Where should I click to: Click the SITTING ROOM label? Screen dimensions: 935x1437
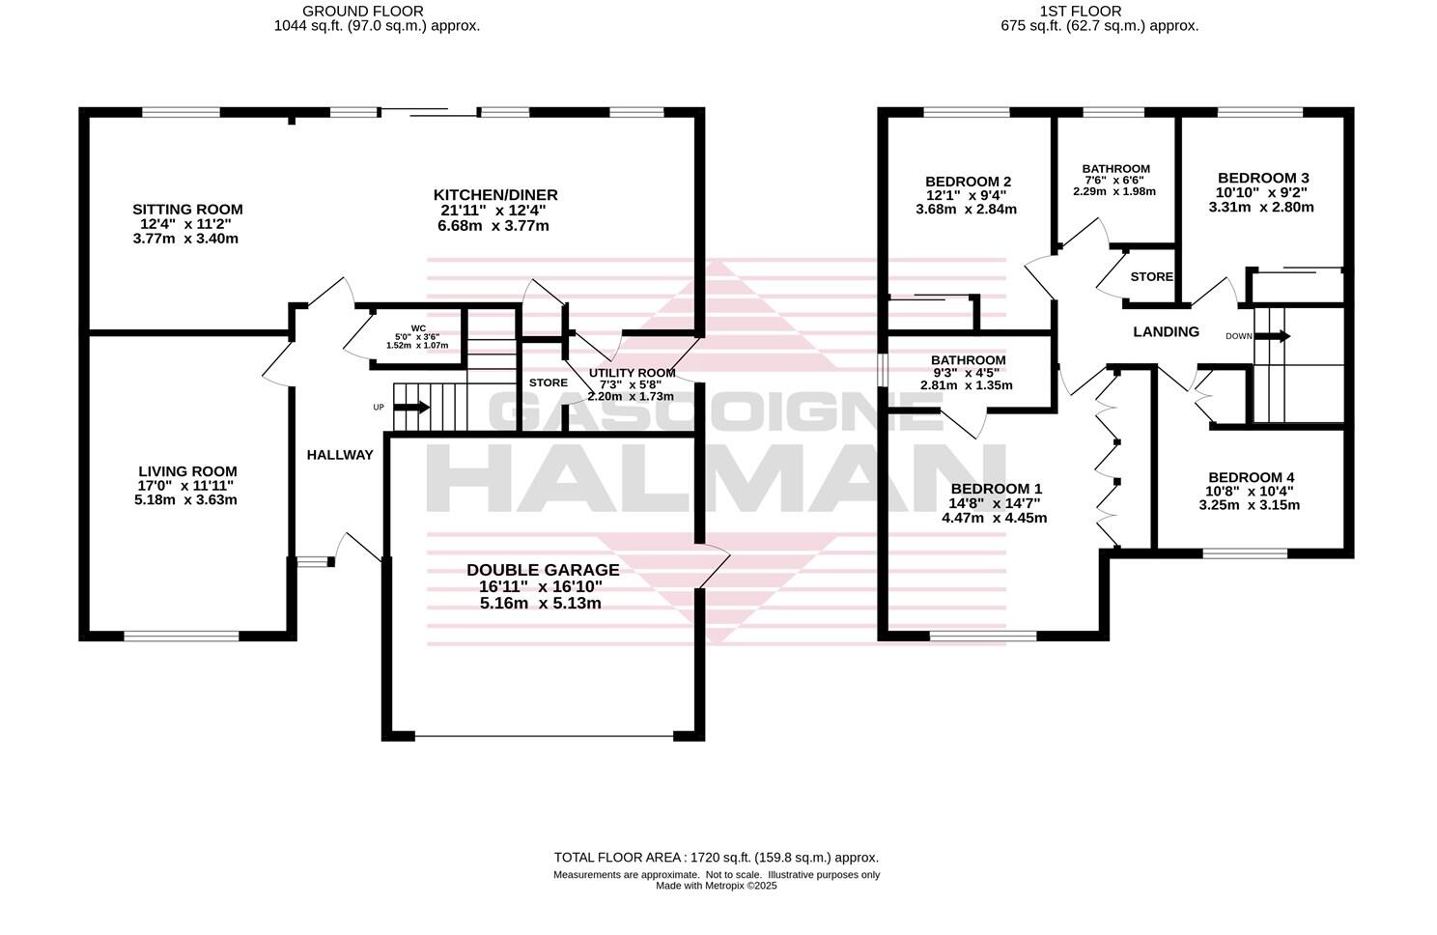pyautogui.click(x=187, y=210)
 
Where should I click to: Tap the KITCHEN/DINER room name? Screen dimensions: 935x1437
pyautogui.click(x=494, y=195)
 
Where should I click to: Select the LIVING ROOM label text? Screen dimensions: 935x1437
pyautogui.click(x=187, y=471)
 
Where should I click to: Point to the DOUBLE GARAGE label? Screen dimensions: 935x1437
pyautogui.click(x=543, y=570)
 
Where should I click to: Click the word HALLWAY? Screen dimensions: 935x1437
pyautogui.click(x=340, y=455)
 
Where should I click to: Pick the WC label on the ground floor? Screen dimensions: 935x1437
pyautogui.click(x=417, y=327)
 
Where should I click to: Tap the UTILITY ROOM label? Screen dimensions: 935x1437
pyautogui.click(x=632, y=373)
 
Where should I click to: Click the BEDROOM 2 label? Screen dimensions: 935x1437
pyautogui.click(x=968, y=182)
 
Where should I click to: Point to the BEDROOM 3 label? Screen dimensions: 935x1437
pyautogui.click(x=1263, y=178)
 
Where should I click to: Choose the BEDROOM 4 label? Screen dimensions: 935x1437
pyautogui.click(x=1251, y=477)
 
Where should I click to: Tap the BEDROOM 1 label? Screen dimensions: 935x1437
pyautogui.click(x=994, y=489)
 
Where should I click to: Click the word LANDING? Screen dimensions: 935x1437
pyautogui.click(x=1166, y=331)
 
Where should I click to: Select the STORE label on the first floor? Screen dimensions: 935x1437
pyautogui.click(x=1151, y=276)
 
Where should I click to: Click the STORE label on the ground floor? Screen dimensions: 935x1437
pyautogui.click(x=548, y=382)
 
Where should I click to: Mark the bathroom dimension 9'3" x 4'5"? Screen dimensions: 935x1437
pyautogui.click(x=967, y=373)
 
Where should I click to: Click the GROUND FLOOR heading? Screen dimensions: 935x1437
pyautogui.click(x=350, y=12)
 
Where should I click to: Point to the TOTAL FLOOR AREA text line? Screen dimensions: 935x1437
pyautogui.click(x=716, y=857)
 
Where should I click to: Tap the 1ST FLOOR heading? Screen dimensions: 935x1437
pyautogui.click(x=1080, y=12)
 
